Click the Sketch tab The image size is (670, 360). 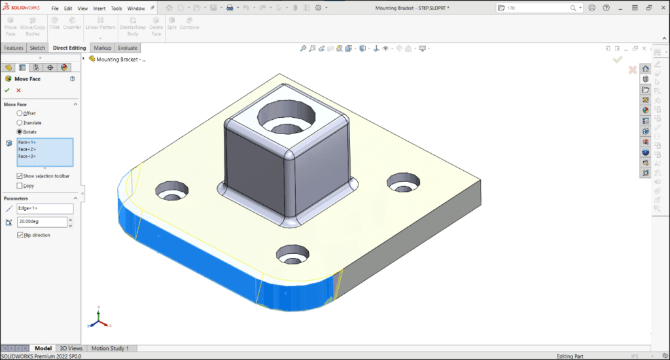point(37,48)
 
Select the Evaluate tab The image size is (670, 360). point(127,48)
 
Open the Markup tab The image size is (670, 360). point(102,48)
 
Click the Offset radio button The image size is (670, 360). point(20,113)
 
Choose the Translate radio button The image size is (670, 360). point(20,122)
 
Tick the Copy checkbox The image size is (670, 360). point(20,185)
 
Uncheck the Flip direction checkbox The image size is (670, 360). point(20,235)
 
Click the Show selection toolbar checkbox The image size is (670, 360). point(20,176)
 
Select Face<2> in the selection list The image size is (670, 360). point(27,149)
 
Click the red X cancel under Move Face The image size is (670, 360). point(18,90)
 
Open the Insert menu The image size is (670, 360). point(99,9)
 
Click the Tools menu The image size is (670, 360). point(116,9)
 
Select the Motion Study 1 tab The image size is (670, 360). point(110,348)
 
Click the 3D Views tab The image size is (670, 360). point(71,348)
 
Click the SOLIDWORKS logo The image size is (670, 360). point(22,9)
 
